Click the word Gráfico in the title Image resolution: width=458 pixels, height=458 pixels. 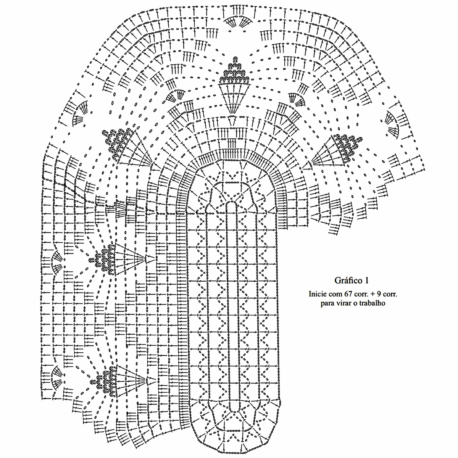point(348,281)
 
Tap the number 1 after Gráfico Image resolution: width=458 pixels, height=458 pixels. point(366,281)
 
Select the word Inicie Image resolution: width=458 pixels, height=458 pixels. point(318,294)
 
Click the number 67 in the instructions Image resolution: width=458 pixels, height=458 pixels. point(350,294)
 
